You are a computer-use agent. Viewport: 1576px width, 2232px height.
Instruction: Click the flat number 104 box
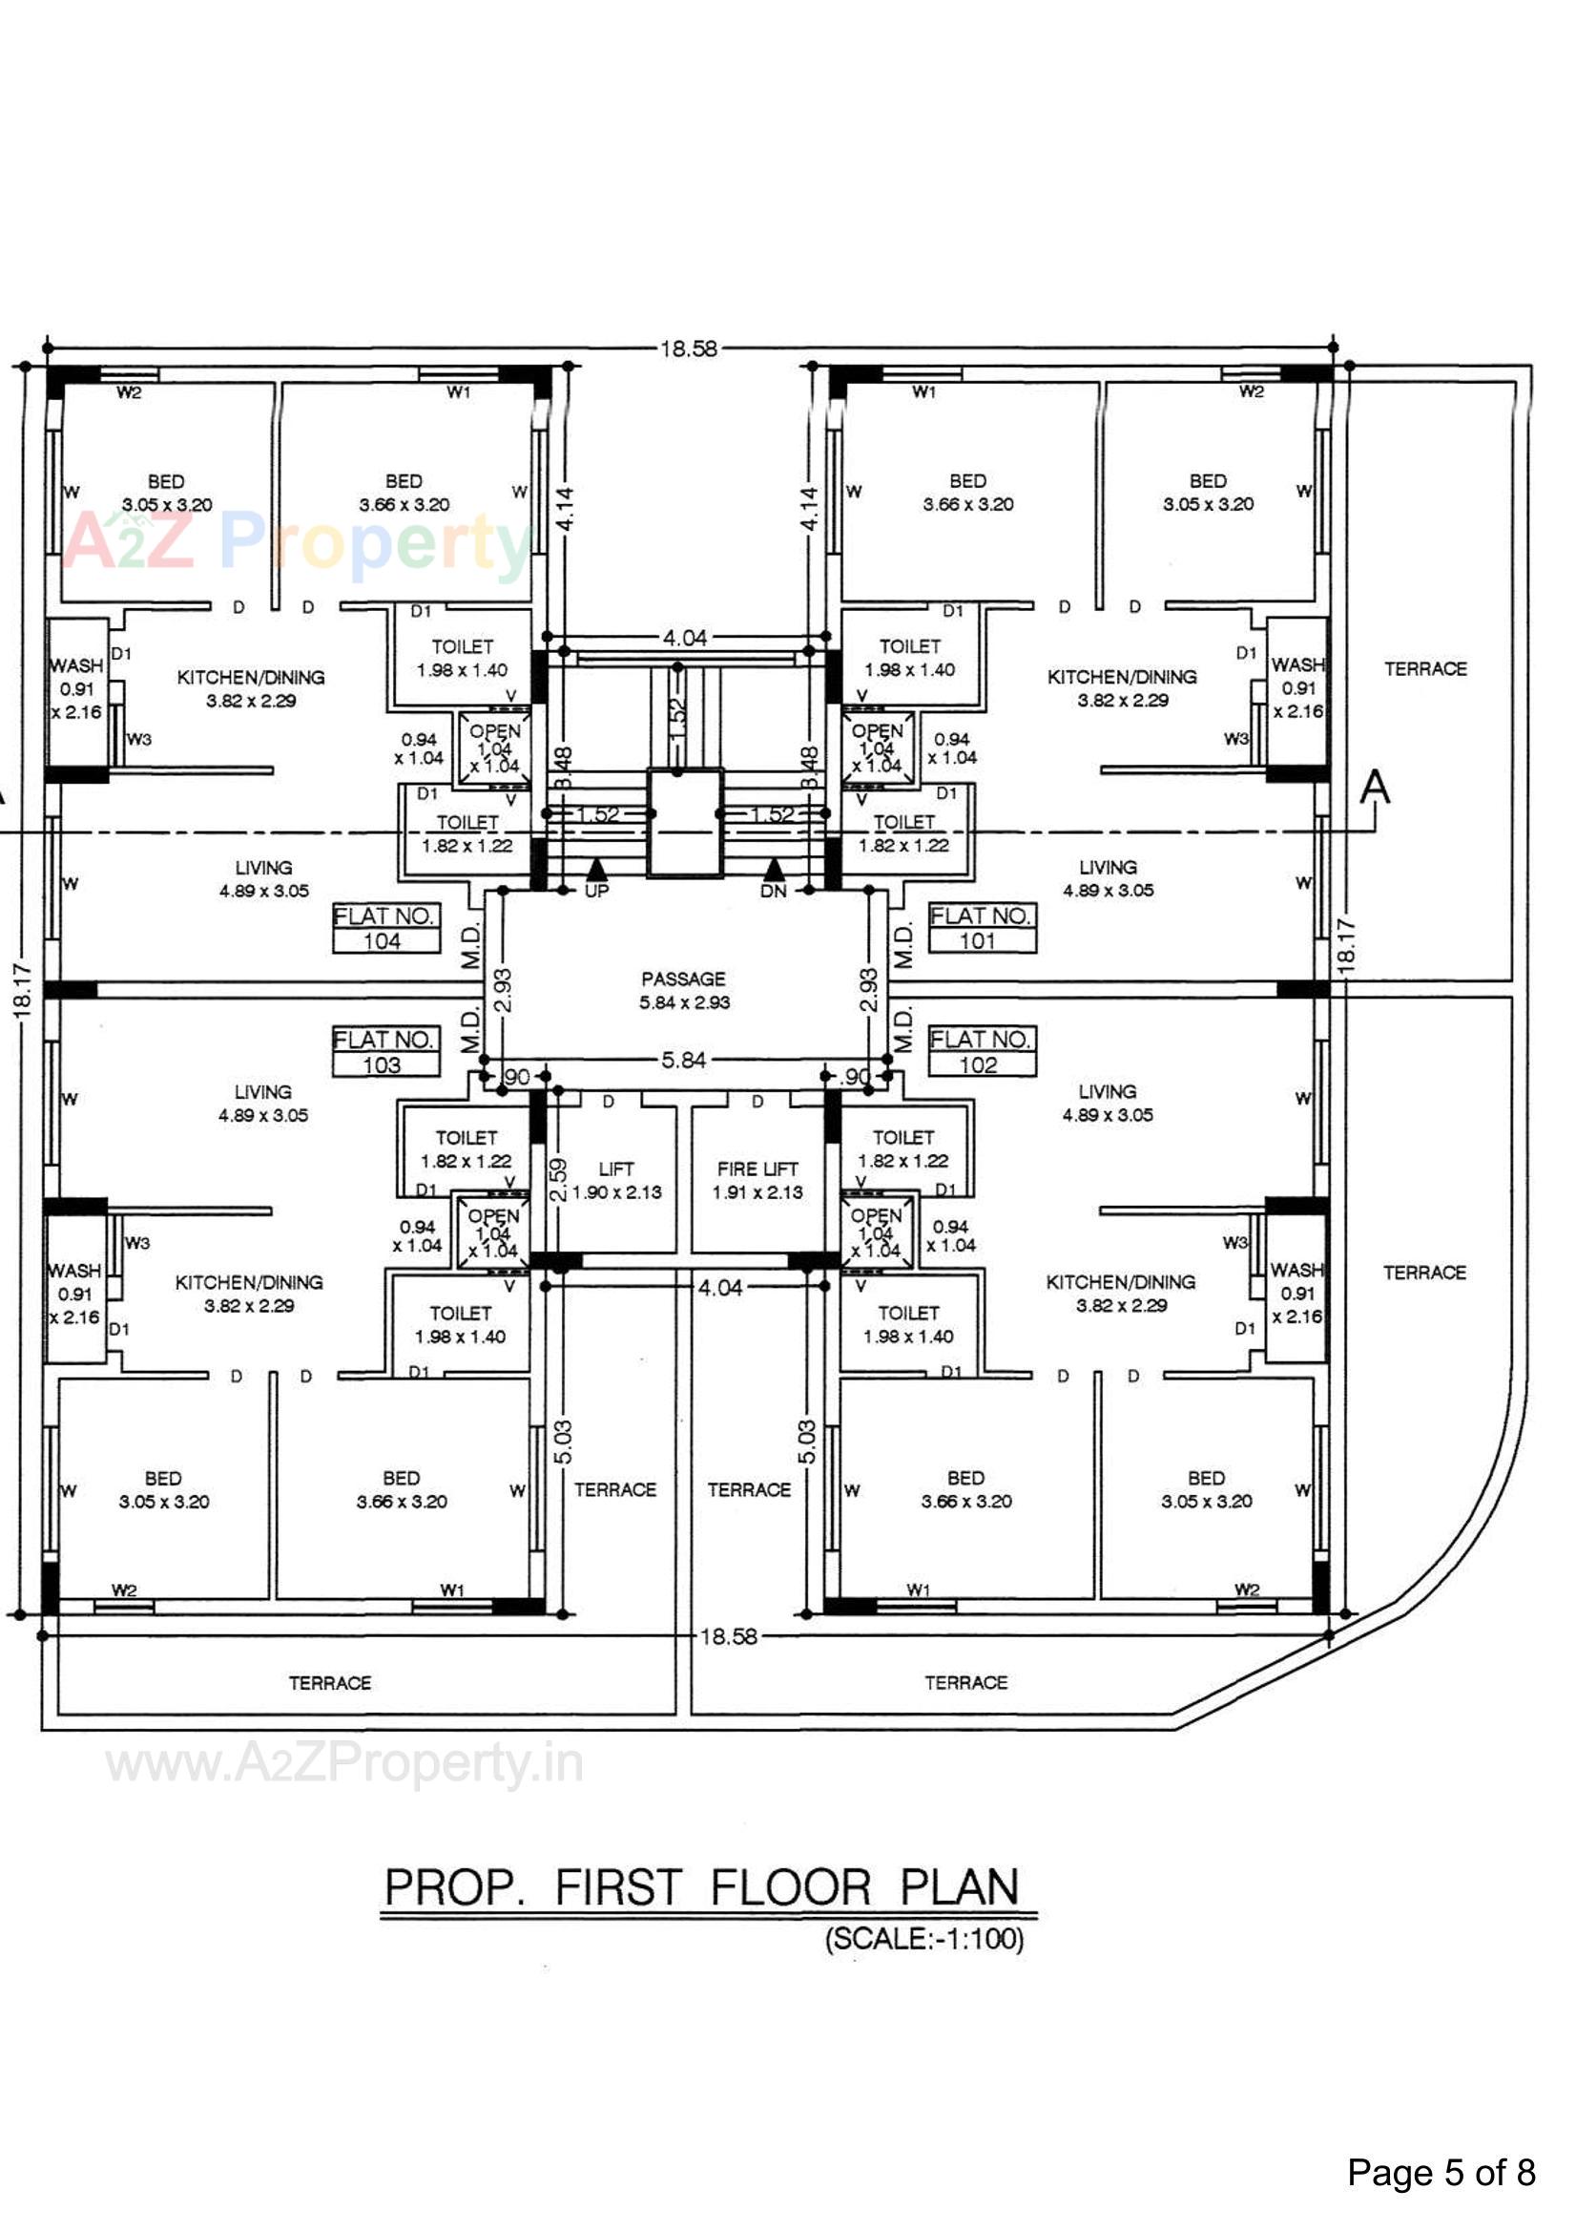[x=385, y=928]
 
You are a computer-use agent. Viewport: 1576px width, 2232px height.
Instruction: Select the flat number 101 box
[x=982, y=928]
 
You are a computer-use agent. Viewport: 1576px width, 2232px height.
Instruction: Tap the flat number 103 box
[x=385, y=1052]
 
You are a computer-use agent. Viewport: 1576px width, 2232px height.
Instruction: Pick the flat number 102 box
[x=982, y=1052]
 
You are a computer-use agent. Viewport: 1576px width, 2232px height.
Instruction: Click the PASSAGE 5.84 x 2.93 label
[x=683, y=990]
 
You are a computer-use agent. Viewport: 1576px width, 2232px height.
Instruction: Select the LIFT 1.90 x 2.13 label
[x=616, y=1180]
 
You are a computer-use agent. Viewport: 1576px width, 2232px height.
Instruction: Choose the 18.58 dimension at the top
[x=688, y=348]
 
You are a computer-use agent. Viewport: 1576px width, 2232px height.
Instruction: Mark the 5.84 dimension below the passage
[x=683, y=1060]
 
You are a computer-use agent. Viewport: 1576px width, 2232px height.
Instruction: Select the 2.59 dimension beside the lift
[x=558, y=1179]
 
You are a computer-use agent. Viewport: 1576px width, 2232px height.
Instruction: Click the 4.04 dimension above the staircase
[x=684, y=638]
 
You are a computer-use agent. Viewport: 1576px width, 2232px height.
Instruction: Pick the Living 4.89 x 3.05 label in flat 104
[x=263, y=878]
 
